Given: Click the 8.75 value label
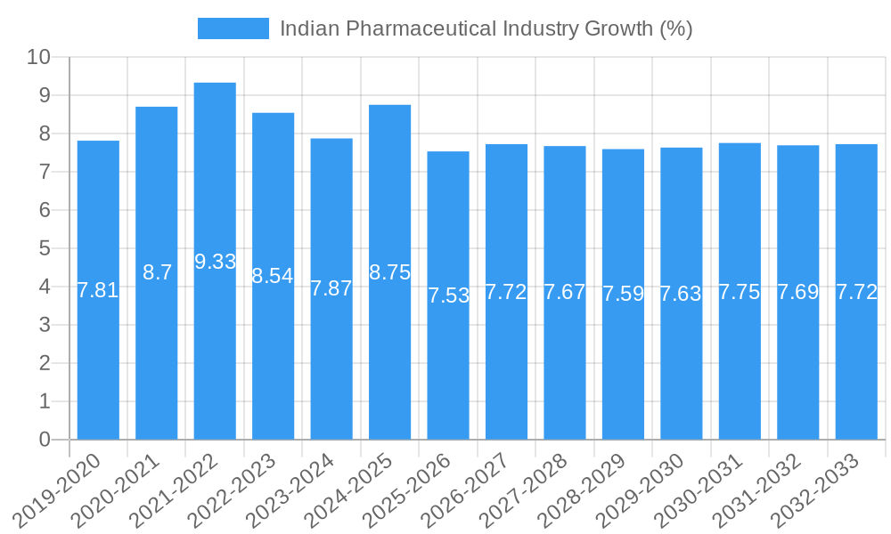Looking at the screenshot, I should [x=390, y=272].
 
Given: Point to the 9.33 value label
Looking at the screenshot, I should [x=216, y=262].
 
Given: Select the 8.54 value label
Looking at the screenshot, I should [x=273, y=276].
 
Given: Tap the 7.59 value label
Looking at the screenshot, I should [x=623, y=294].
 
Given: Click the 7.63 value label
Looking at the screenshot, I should [x=681, y=294].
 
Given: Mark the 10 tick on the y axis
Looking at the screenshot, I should [x=39, y=58].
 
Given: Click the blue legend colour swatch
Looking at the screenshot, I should [x=233, y=28].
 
